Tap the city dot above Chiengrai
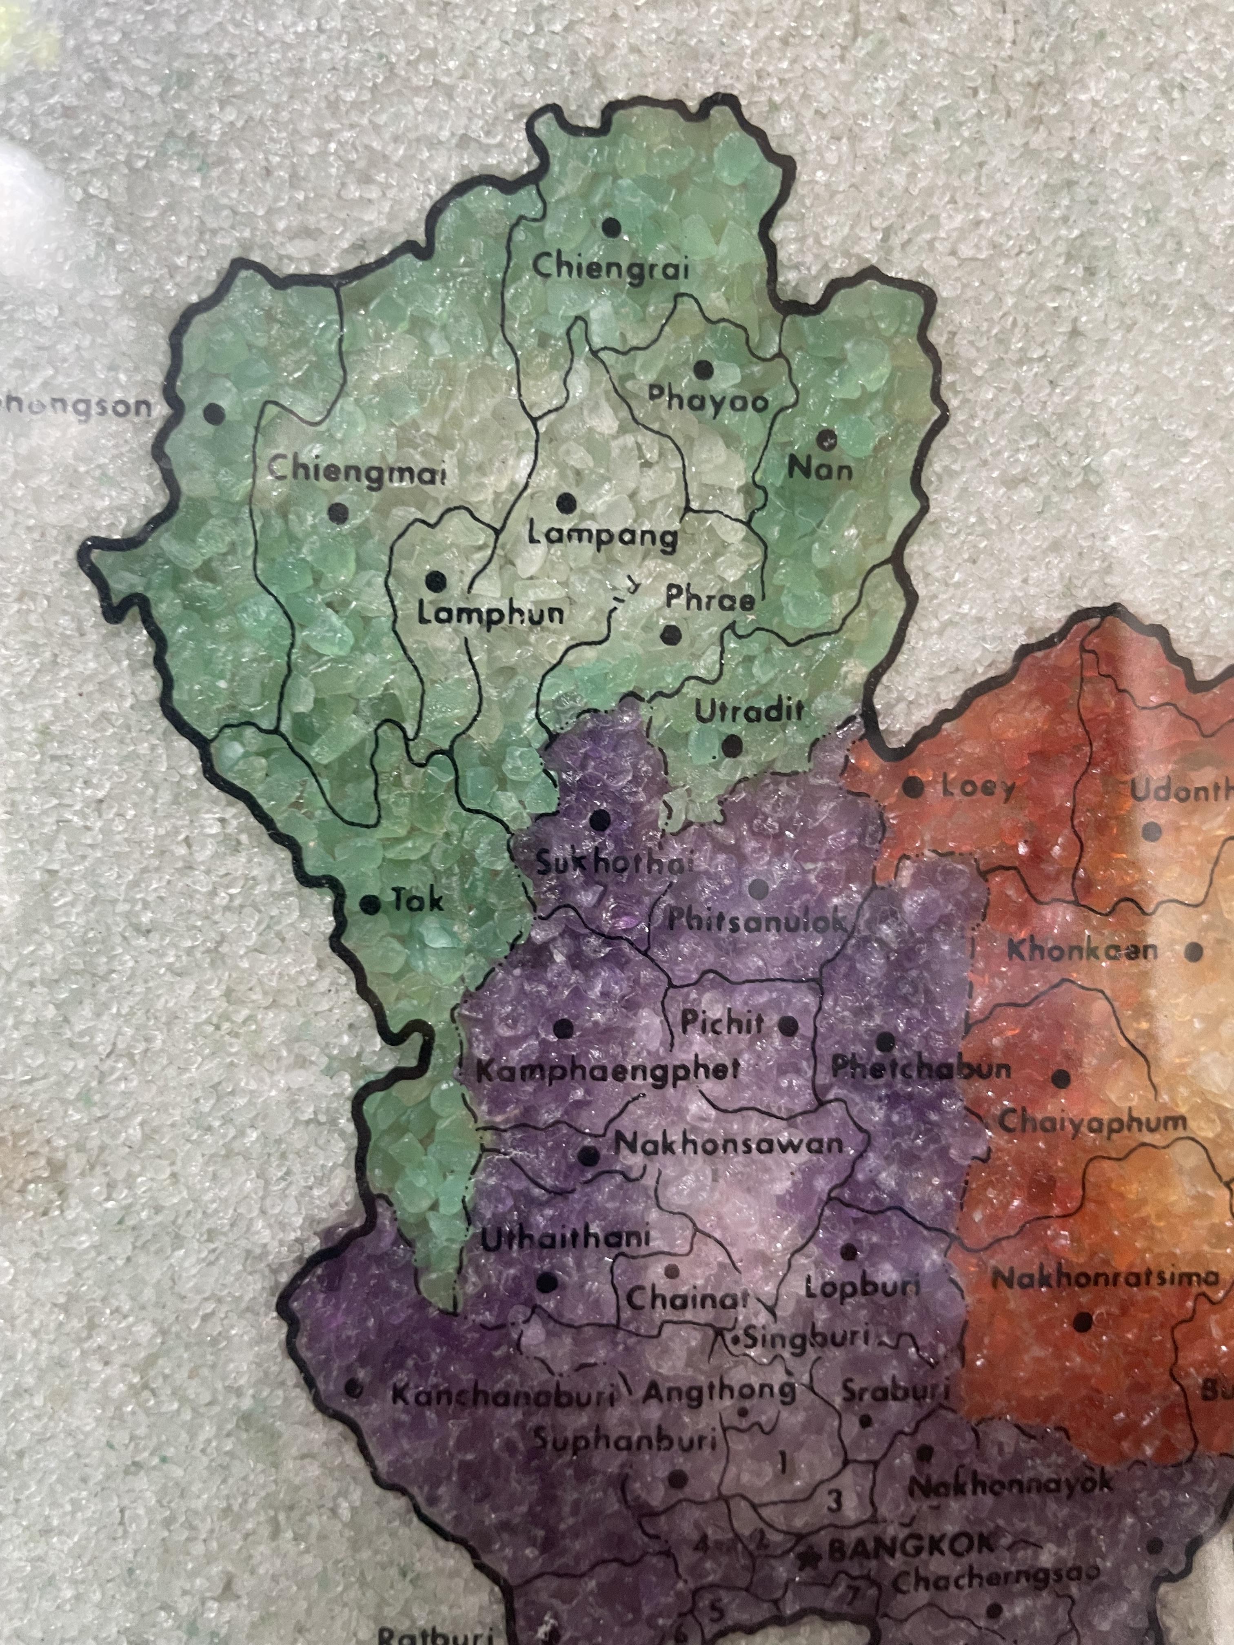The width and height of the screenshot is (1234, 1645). point(611,228)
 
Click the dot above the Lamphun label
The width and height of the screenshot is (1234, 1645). point(435,581)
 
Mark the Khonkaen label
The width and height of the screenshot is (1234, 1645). point(1082,951)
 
